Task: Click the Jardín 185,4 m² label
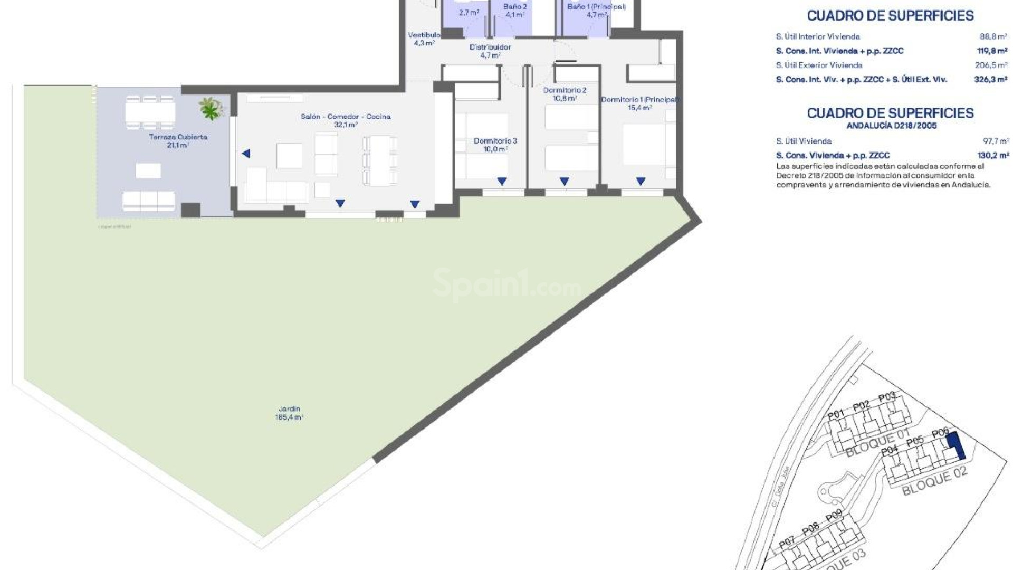coord(289,413)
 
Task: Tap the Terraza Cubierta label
coord(178,141)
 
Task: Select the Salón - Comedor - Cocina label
coord(346,120)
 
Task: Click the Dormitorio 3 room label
coord(495,145)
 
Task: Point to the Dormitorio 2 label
coord(565,94)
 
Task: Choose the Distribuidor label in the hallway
coord(490,51)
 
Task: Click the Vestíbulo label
coord(424,39)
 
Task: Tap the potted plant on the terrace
coord(211,108)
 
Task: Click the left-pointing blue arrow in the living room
coord(246,154)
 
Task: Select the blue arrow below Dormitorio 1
coord(641,181)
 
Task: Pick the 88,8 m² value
coord(994,36)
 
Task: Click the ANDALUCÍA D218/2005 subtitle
coord(891,126)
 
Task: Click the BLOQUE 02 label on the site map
coord(934,481)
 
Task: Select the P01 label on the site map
coord(836,414)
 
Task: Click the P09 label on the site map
coord(834,517)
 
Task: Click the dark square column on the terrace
coord(190,210)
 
